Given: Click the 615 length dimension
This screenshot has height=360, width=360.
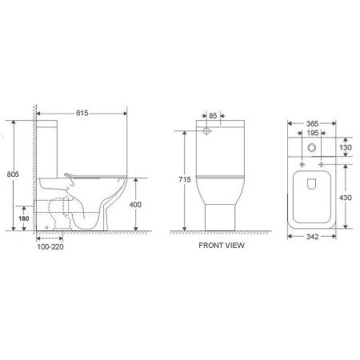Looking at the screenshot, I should pyautogui.click(x=82, y=115).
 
